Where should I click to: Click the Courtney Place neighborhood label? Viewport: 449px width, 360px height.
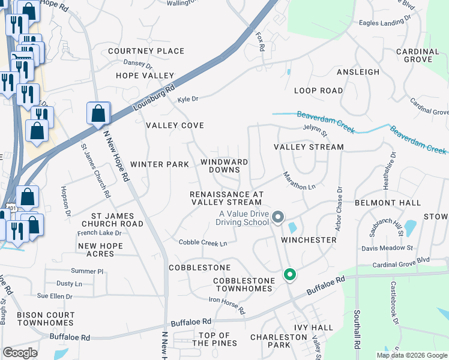[146, 51]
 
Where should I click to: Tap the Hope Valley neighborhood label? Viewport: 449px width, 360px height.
[145, 76]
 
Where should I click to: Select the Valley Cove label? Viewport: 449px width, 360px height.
[175, 125]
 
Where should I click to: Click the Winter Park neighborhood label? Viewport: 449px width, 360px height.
[160, 164]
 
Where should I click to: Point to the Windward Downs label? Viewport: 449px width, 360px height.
[224, 166]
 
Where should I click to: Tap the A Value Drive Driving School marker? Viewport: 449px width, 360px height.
[277, 217]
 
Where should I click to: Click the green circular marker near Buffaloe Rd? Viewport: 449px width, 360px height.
[289, 275]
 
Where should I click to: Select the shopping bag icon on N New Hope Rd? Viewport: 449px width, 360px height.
[98, 113]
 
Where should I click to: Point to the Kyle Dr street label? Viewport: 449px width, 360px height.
[188, 99]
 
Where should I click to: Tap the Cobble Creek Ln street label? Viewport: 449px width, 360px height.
[203, 243]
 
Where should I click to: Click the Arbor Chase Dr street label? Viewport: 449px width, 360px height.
[339, 208]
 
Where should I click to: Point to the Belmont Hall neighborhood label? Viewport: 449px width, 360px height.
[388, 203]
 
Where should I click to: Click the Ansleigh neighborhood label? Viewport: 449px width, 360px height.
[358, 72]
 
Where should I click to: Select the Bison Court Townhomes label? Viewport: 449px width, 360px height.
[46, 319]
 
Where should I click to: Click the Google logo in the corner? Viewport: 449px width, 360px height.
[20, 353]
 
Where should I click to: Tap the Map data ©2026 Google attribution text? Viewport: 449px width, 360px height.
[411, 355]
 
